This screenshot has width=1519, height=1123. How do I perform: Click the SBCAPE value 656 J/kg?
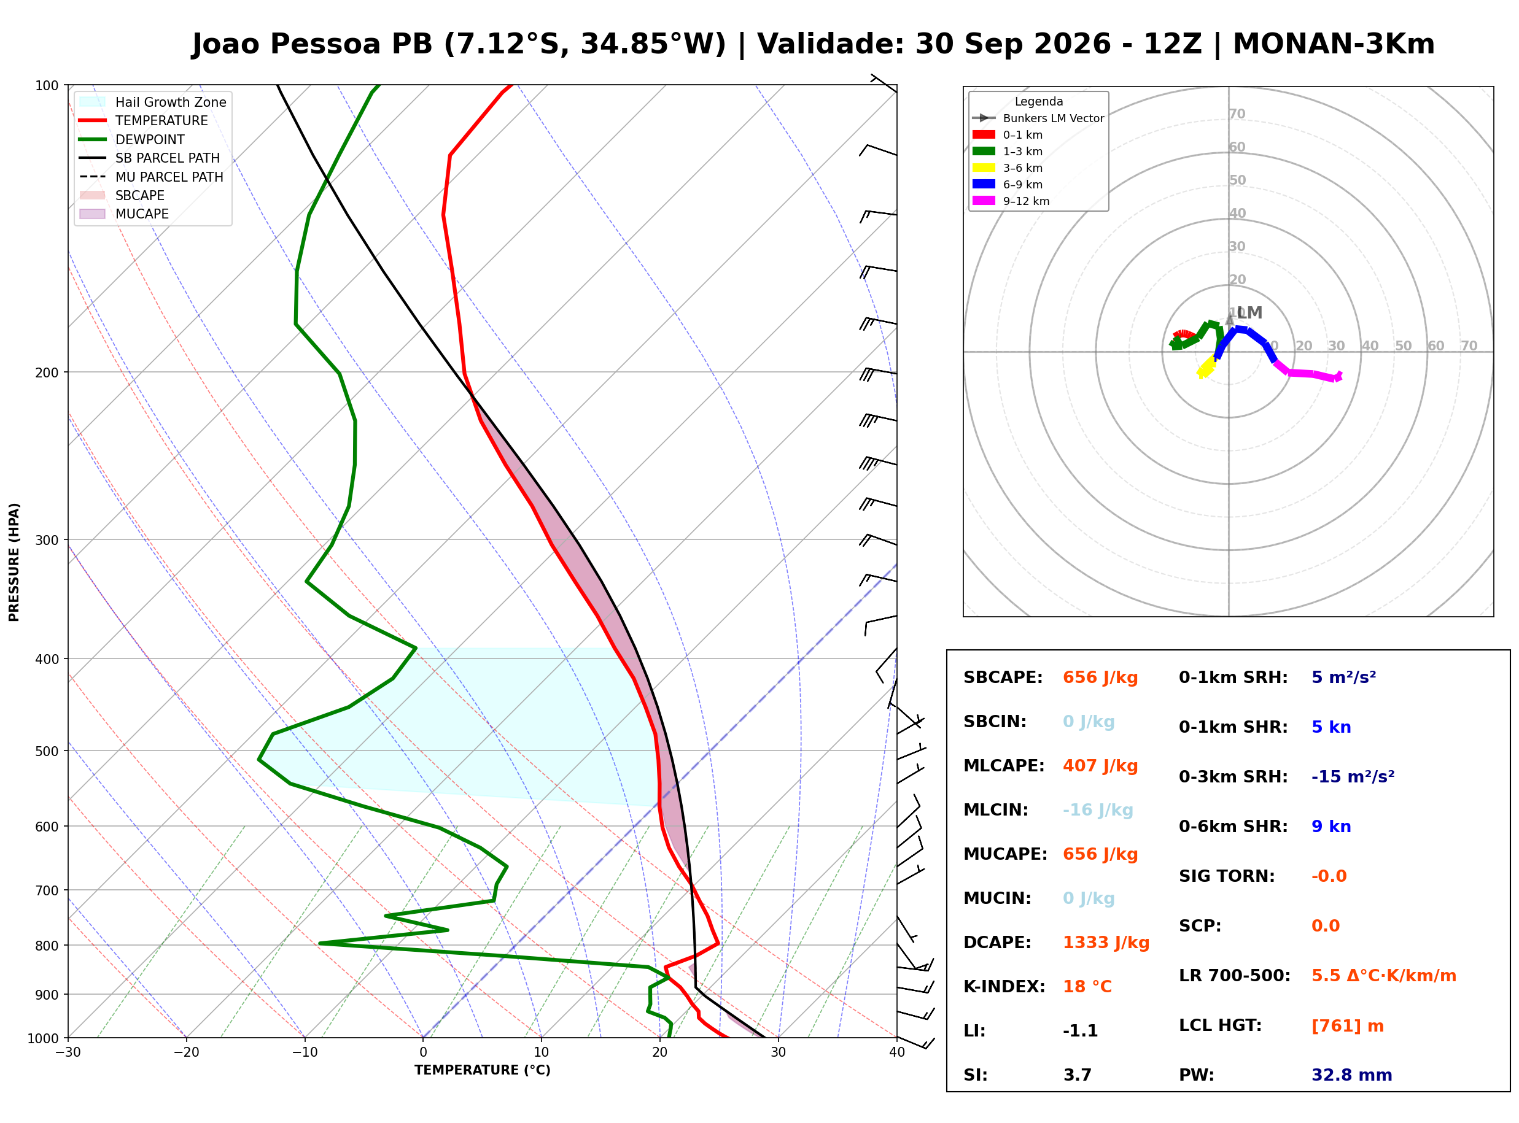1100,677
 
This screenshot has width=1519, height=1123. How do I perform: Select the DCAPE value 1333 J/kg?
1106,943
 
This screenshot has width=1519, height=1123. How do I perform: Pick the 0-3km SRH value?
1353,777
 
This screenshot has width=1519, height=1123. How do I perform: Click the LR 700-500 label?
1234,976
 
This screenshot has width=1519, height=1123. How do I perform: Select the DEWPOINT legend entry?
132,139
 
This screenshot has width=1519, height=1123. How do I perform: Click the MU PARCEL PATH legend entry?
151,177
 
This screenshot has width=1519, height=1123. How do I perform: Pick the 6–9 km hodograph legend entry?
1007,184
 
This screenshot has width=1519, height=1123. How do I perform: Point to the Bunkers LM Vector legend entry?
1038,118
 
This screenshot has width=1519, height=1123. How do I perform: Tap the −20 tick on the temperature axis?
186,1052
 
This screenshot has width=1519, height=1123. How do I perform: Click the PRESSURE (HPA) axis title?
14,562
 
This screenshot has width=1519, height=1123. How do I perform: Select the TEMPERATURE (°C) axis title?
482,1071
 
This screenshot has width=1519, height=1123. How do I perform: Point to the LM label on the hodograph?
1249,313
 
